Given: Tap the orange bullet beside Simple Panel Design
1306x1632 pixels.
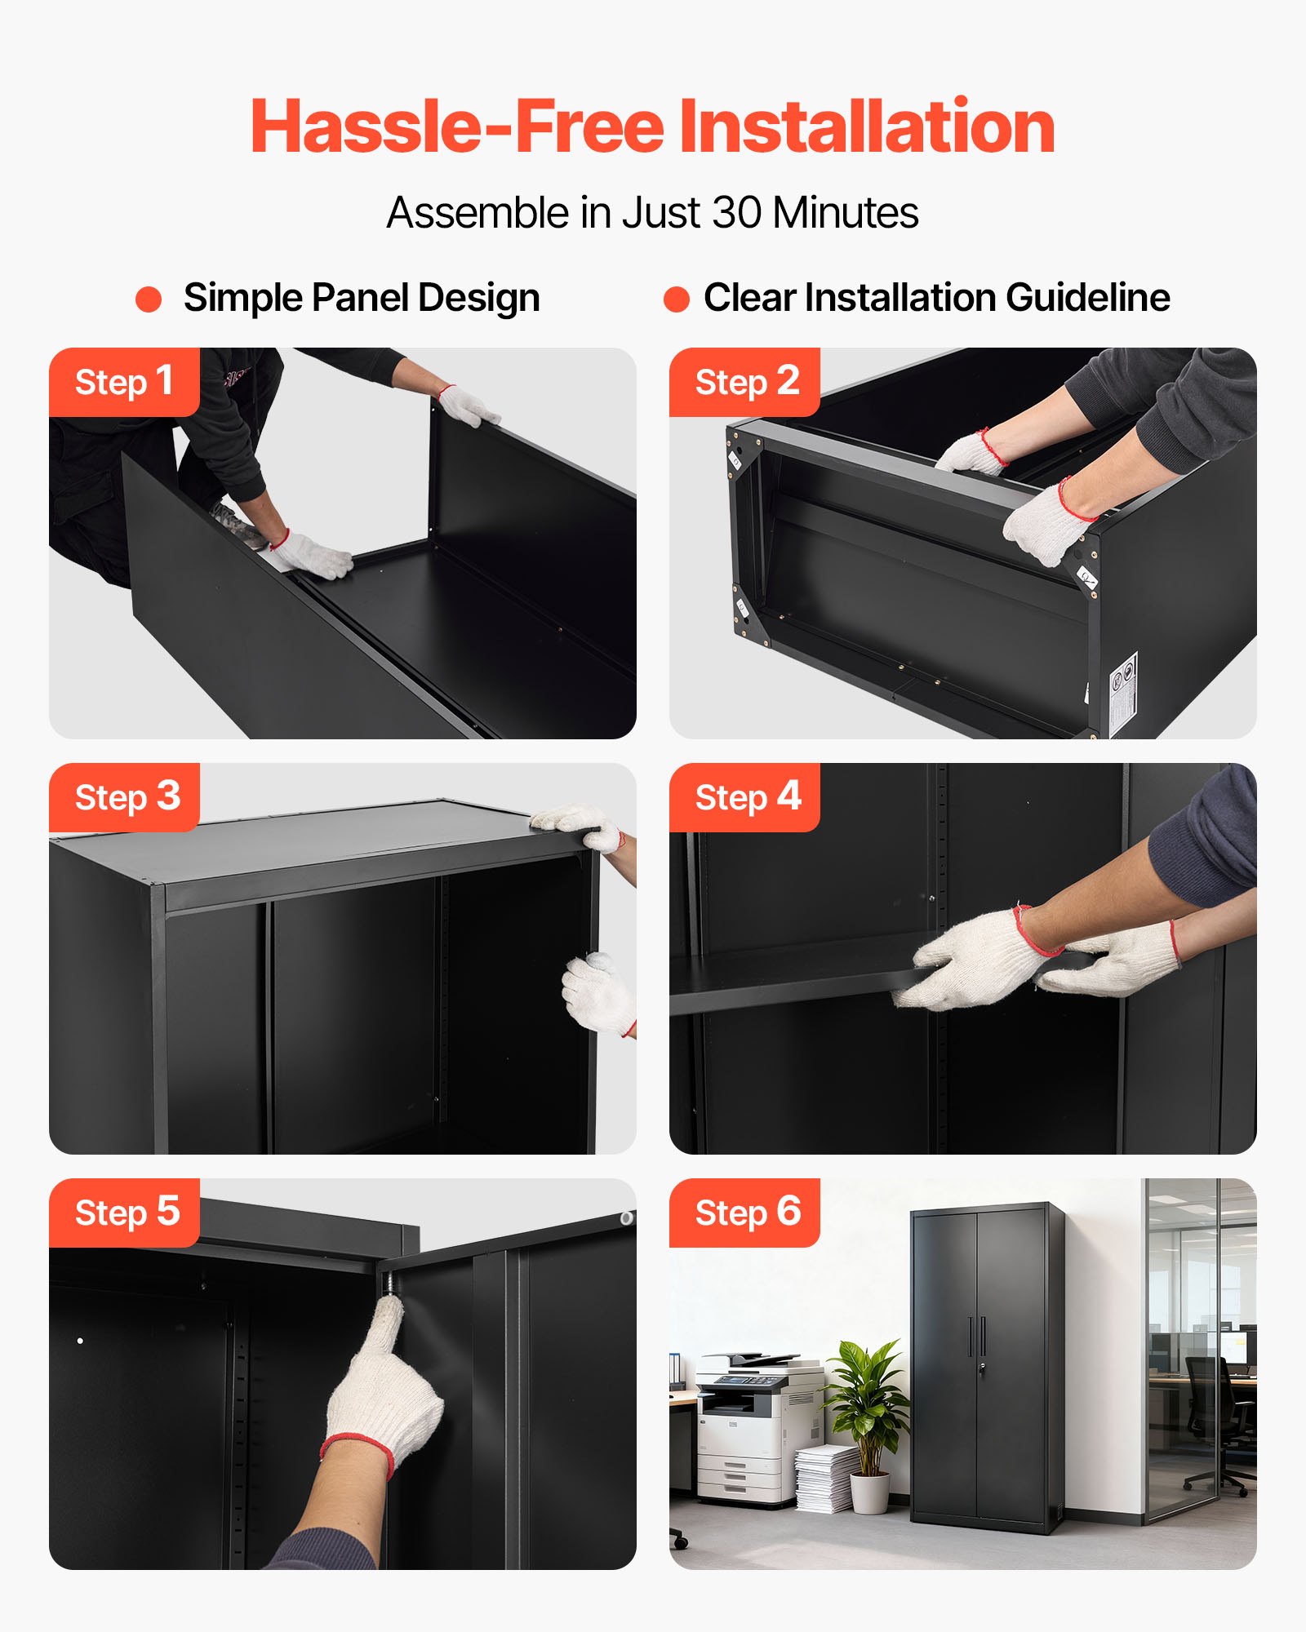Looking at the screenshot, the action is [x=149, y=299].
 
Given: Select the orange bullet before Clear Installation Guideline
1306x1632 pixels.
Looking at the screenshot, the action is [x=677, y=299].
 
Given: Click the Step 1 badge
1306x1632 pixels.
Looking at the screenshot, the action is [x=124, y=382].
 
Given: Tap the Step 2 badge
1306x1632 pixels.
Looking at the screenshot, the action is [x=744, y=382].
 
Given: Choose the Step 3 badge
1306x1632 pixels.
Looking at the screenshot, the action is [x=124, y=797].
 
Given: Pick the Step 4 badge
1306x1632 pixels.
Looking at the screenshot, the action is [x=744, y=797].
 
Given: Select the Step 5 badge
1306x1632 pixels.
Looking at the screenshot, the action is [x=124, y=1213].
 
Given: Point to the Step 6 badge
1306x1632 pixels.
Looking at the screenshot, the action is [x=744, y=1213].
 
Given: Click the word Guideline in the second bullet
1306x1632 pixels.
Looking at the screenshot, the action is [x=1088, y=298].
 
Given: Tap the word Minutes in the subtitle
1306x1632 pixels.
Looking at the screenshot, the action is [x=846, y=213].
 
